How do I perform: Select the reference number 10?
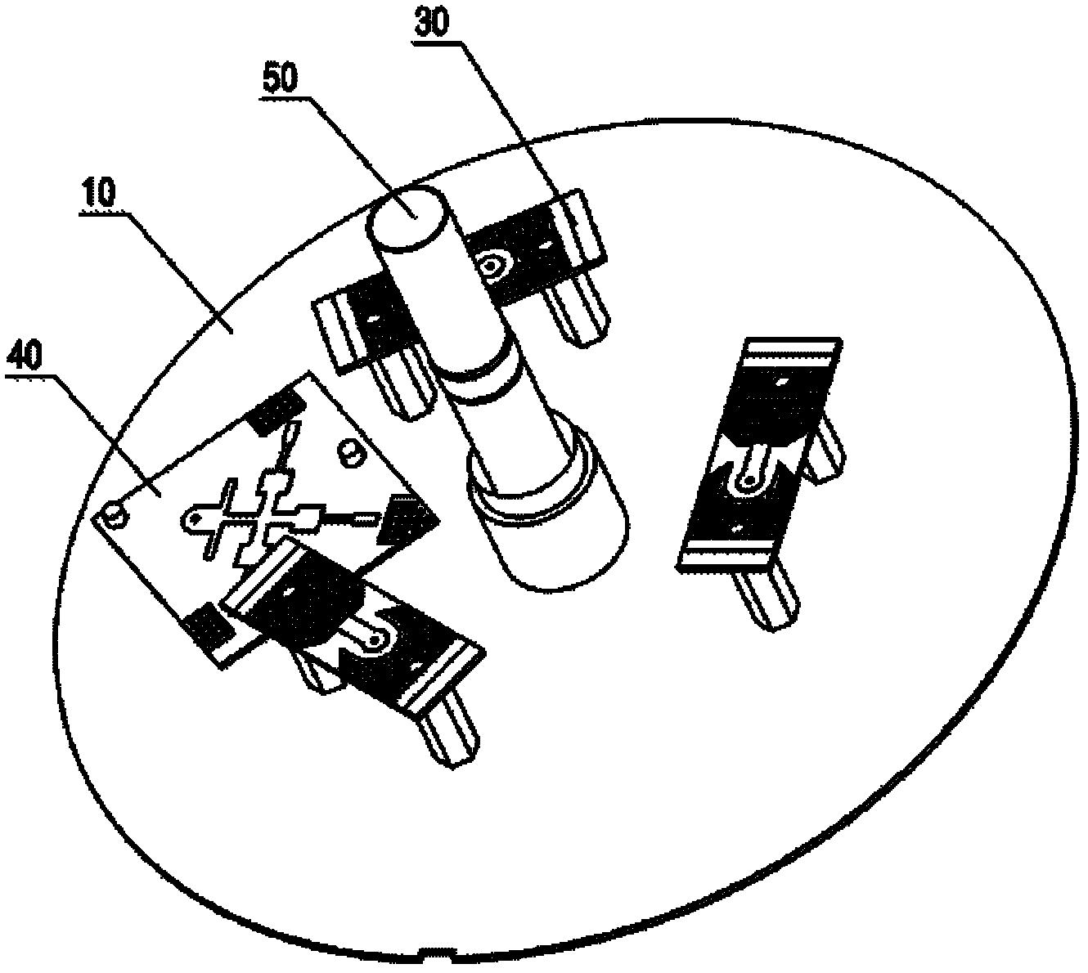click(x=99, y=196)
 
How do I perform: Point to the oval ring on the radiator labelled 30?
click(x=494, y=264)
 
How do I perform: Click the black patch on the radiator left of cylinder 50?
click(x=376, y=317)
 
